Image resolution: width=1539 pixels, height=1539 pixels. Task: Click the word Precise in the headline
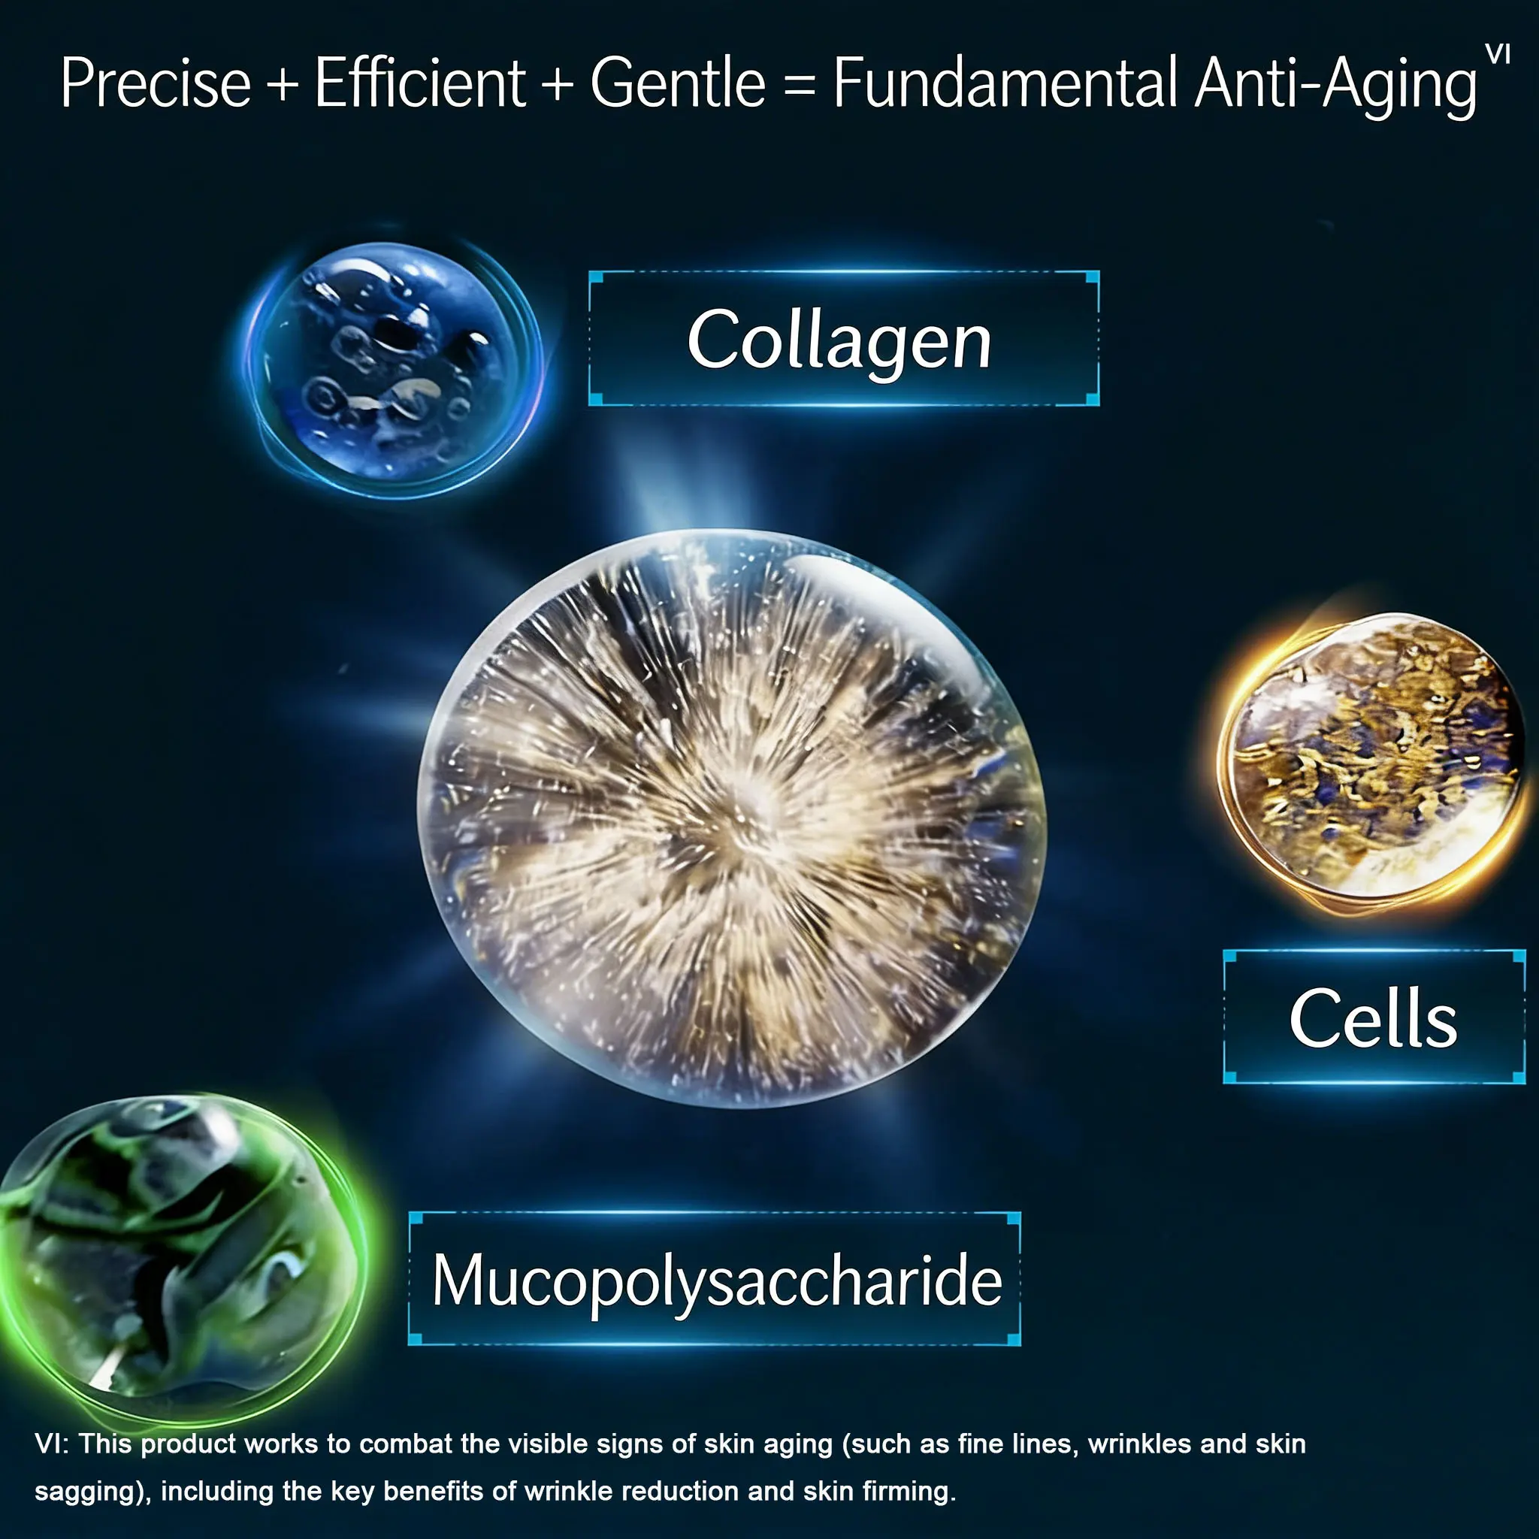[x=156, y=83]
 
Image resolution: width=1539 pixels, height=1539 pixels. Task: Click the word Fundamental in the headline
[x=1005, y=83]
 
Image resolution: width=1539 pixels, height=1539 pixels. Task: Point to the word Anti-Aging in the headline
[x=1336, y=88]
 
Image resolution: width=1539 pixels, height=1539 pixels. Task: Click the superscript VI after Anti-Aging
[x=1498, y=54]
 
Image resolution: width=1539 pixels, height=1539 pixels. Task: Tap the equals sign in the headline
[x=799, y=84]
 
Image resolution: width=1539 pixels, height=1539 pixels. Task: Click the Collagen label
[x=839, y=340]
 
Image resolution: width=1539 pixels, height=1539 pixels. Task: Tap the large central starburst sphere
[x=731, y=818]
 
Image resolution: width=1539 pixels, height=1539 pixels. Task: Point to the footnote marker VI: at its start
[x=52, y=1444]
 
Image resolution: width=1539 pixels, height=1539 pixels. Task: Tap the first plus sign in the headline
[x=283, y=84]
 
